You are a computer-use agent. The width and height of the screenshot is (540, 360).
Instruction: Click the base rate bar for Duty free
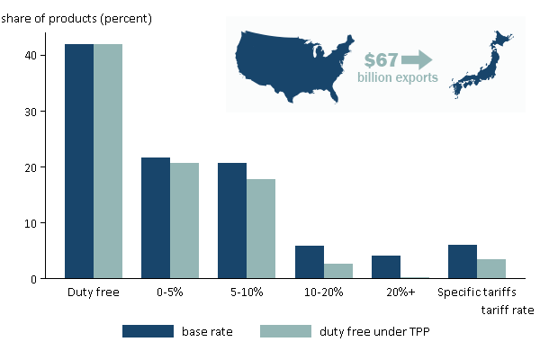79,161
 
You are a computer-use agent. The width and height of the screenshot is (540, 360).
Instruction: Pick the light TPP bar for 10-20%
338,271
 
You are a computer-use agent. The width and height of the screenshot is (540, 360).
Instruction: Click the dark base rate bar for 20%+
385,267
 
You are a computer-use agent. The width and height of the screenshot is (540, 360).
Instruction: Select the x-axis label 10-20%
324,292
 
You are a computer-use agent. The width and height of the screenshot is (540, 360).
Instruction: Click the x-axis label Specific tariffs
476,292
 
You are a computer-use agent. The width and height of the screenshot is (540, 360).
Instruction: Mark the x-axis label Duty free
94,292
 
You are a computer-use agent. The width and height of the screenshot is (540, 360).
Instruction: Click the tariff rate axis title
506,310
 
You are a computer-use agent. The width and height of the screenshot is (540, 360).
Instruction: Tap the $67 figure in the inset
381,60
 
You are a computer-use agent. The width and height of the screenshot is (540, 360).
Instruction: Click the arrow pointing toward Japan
418,60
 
